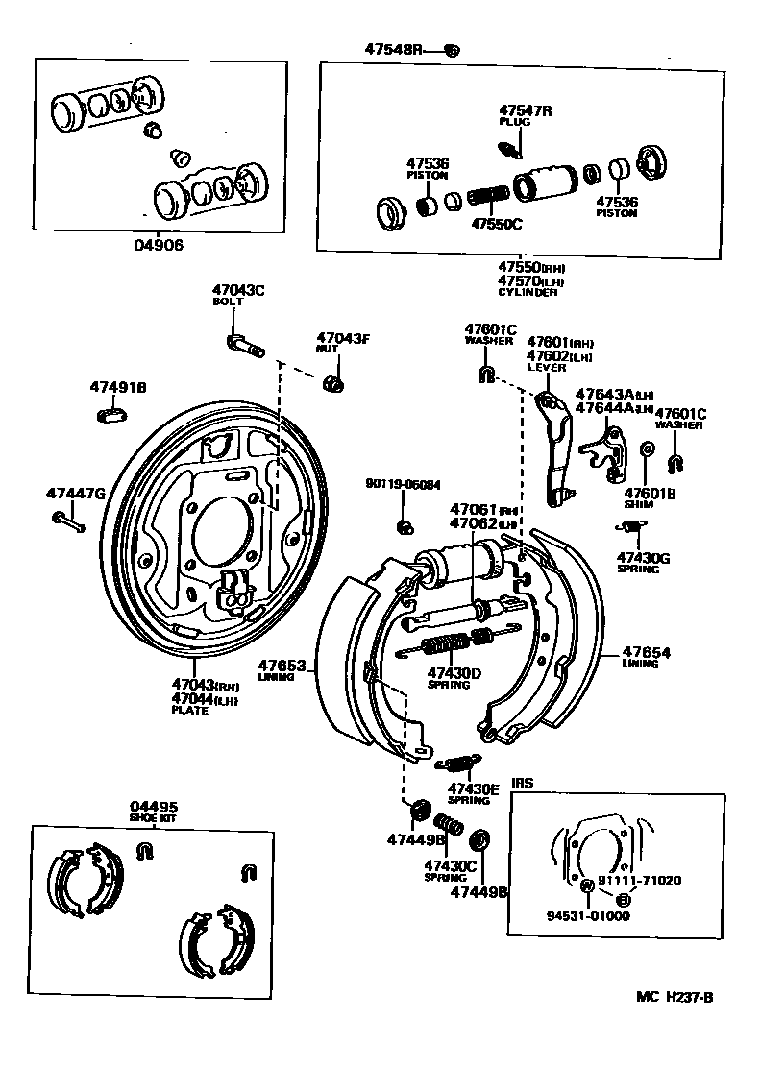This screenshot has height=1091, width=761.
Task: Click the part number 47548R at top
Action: [393, 49]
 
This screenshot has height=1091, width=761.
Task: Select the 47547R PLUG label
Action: [525, 116]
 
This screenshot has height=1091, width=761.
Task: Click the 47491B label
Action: [118, 388]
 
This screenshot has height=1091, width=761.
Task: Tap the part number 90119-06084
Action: [404, 484]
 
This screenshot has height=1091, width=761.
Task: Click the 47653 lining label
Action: [281, 669]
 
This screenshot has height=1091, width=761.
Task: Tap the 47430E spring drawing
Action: [454, 764]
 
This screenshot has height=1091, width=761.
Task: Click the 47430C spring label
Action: [451, 869]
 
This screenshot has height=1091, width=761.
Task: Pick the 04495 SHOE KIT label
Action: [154, 812]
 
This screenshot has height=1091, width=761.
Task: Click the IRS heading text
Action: [522, 783]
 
